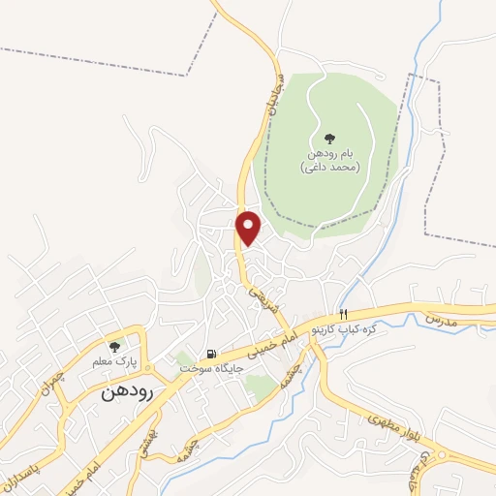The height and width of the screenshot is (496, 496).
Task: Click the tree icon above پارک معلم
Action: pyautogui.click(x=115, y=346)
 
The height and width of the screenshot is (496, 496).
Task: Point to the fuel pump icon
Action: pyautogui.click(x=210, y=353)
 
